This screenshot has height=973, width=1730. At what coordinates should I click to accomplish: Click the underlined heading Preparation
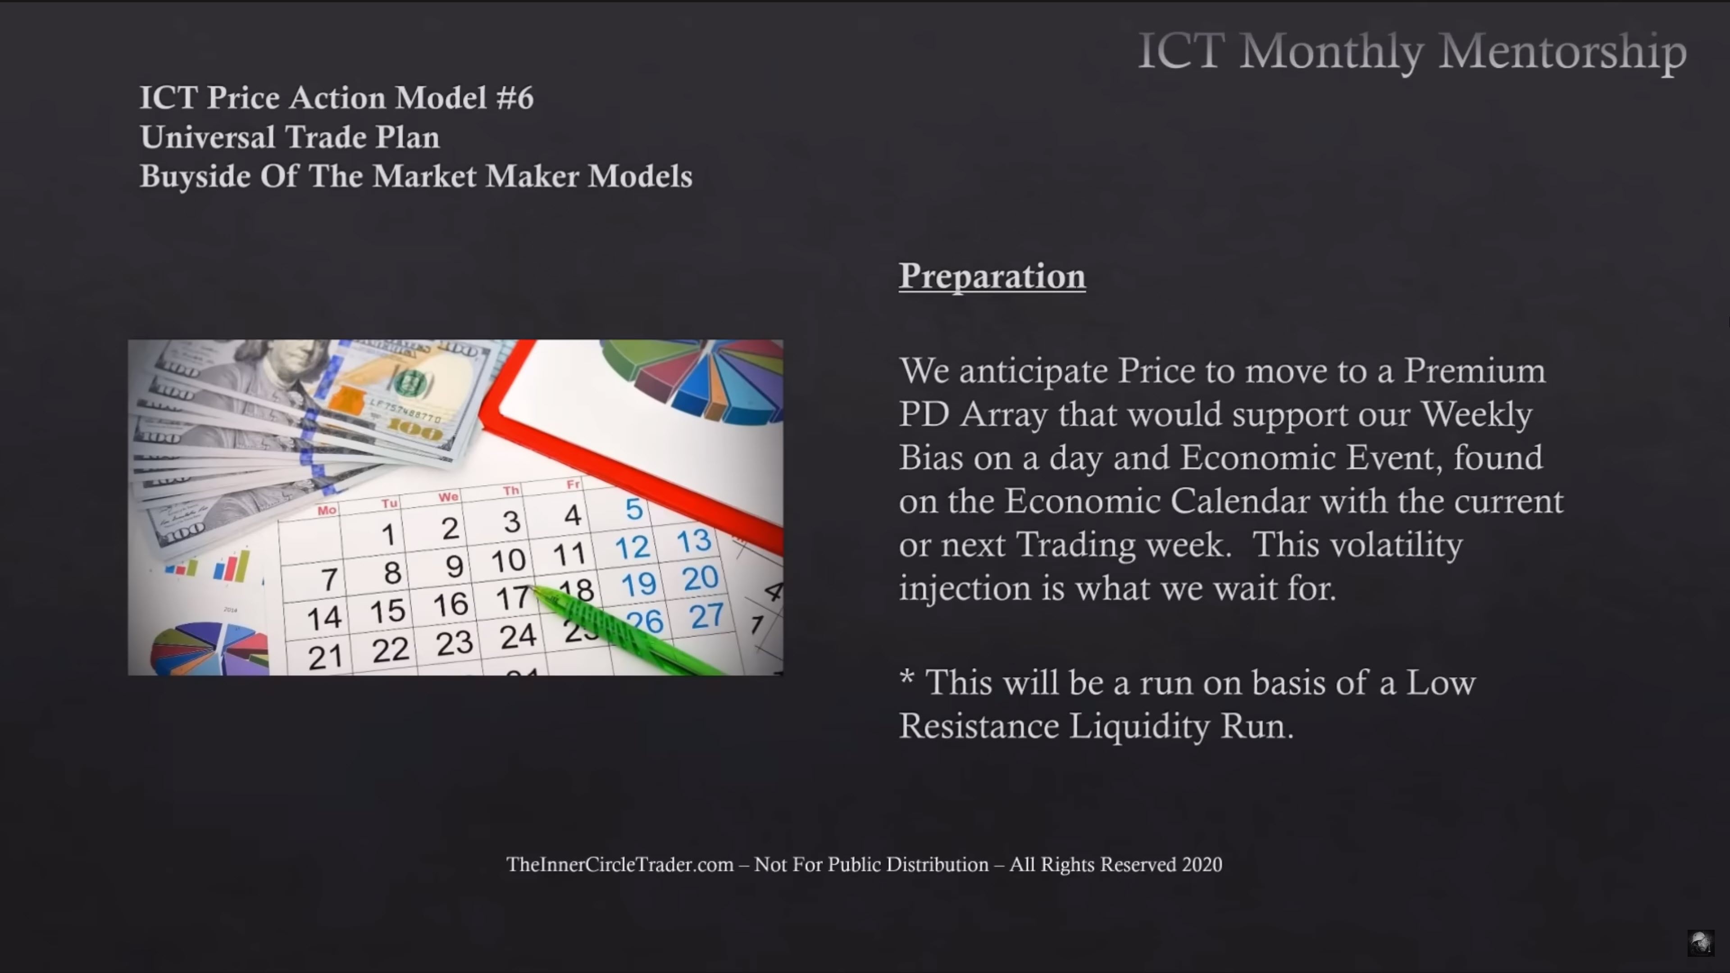[992, 277]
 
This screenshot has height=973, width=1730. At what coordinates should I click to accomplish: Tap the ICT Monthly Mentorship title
[1412, 52]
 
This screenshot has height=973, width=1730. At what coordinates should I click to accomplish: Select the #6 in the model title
[514, 98]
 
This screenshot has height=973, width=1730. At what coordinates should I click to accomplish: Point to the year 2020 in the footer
[1202, 865]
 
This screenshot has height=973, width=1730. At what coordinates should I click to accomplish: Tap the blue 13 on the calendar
[693, 541]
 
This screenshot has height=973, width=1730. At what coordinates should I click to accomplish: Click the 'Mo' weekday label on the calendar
[327, 510]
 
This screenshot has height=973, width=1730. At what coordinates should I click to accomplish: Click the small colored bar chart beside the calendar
[208, 567]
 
